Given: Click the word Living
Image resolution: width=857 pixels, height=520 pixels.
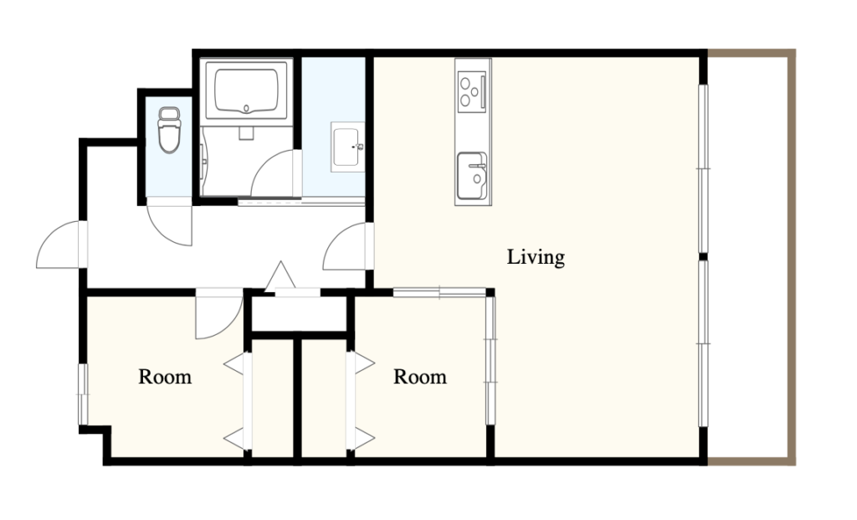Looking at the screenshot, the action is pos(536,257).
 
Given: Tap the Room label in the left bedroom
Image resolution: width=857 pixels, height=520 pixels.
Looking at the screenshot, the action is pos(165,377).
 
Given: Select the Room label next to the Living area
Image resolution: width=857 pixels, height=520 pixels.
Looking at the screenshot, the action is pos(420,377).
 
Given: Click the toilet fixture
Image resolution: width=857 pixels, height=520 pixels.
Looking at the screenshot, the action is pos(169,130).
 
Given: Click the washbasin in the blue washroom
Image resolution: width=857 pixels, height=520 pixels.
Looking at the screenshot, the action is pos(347,147).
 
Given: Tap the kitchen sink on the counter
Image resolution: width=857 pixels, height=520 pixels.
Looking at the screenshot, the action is pos(472,176).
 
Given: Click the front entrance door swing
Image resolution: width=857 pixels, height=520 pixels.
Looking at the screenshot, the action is pos(61,245).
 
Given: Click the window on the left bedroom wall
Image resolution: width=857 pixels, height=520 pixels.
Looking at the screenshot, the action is pos(83,394).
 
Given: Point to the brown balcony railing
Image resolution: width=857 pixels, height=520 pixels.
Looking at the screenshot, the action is pos(792,257).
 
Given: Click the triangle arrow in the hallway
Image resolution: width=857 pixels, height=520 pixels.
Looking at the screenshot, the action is pos(280,276).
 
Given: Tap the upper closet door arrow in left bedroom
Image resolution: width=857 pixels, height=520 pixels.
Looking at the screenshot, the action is pos(235,363).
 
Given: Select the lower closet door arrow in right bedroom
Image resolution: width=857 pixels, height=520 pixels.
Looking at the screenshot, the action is pos(363,439).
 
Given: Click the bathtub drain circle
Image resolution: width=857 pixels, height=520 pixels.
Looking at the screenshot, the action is pos(247,108).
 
